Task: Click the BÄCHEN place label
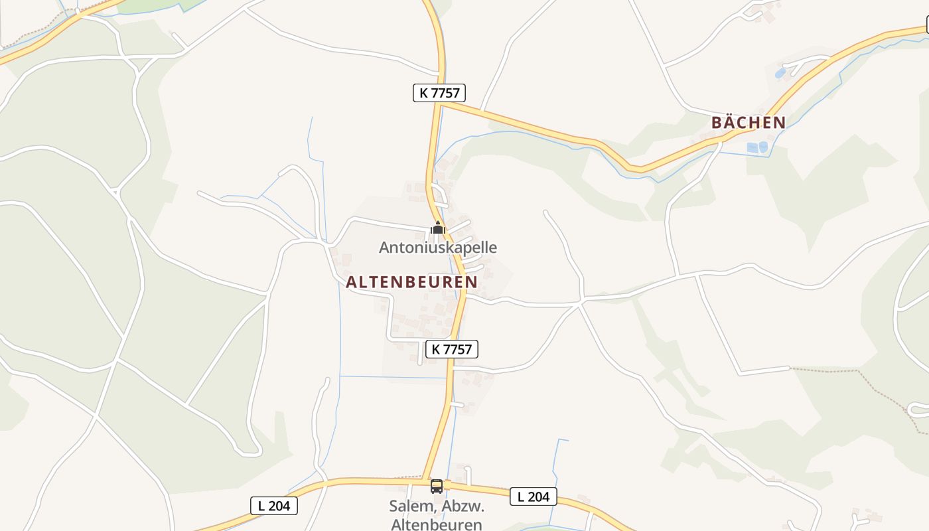coord(749,123)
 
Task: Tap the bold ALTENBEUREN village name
coord(411,282)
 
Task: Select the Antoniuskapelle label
coord(438,248)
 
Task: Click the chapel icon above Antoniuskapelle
coord(437,228)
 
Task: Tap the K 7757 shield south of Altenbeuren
coord(452,349)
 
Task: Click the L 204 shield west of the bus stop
coord(274,505)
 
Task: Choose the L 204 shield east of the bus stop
coord(533,496)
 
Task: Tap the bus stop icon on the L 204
coord(437,487)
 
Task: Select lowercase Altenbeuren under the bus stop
coord(437,524)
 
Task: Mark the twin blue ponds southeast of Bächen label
coord(757,147)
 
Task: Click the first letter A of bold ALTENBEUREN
coord(351,282)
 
